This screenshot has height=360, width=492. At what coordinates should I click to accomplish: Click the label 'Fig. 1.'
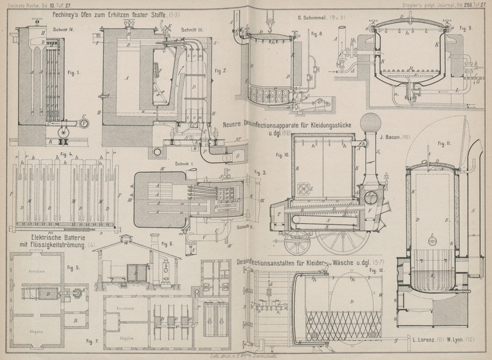point(74,74)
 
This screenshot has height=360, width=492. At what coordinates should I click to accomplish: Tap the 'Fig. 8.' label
point(317,33)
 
